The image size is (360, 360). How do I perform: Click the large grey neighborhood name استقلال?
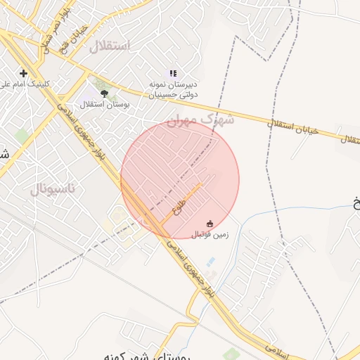[110, 47]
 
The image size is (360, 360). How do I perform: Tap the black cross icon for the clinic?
[24, 73]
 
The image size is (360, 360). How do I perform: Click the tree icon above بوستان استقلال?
[104, 93]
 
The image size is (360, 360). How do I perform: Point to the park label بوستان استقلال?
[104, 105]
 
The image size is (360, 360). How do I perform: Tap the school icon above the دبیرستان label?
[173, 72]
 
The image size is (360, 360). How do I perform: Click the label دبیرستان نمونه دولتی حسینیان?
[174, 88]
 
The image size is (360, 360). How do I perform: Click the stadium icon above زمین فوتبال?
[209, 223]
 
